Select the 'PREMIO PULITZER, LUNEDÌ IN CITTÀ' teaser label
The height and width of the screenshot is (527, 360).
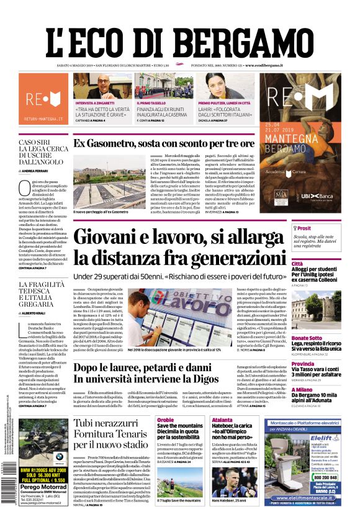click(x=224, y=103)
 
